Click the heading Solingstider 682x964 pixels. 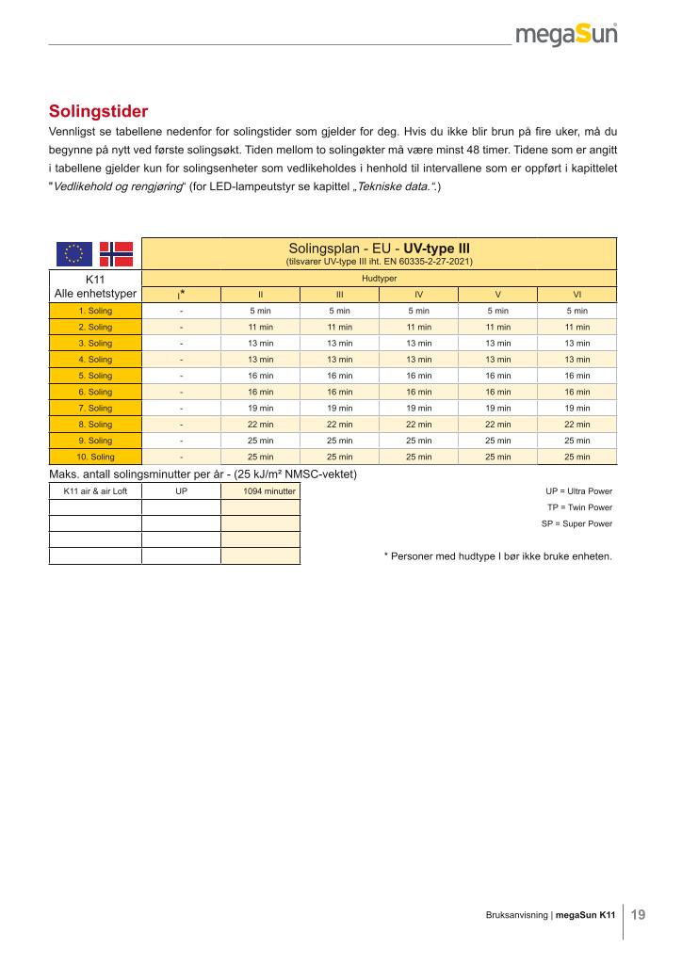pos(99,111)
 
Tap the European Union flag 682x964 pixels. pos(73,253)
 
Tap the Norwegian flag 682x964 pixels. pos(117,253)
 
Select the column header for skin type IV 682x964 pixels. pos(418,295)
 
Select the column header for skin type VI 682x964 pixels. pos(576,295)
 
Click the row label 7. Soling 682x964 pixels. pos(95,409)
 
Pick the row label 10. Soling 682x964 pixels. pos(95,458)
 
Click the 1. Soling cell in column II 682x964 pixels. pos(260,311)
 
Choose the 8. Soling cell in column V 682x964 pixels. pos(497,425)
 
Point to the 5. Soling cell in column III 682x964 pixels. pos(339,376)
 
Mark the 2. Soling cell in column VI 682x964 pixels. pos(576,327)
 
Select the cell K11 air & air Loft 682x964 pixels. pos(95,491)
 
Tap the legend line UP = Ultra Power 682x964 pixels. pos(578,491)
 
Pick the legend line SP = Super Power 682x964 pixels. pos(576,523)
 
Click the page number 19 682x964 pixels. pos(639,914)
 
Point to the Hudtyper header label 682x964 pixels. pos(379,280)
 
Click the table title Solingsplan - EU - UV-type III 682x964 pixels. pos(379,249)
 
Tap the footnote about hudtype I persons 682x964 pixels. pos(497,555)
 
